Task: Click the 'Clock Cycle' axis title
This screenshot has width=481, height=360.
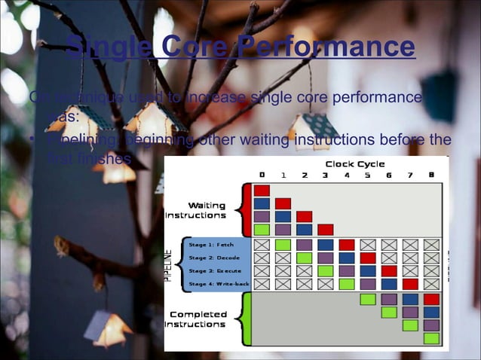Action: pos(354,163)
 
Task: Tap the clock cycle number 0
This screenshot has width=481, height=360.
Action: pos(261,175)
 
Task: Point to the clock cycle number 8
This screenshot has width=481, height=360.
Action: pos(431,175)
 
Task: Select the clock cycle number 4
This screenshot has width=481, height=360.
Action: pos(346,175)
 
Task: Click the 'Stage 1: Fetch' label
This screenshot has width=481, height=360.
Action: pos(211,245)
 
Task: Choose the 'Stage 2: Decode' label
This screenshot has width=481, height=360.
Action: pos(214,258)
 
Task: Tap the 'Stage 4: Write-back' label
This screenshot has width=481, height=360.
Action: pos(219,284)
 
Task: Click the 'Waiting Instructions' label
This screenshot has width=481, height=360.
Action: pos(196,210)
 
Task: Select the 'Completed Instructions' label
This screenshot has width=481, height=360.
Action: pos(198,319)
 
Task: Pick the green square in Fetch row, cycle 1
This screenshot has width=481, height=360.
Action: pos(283,245)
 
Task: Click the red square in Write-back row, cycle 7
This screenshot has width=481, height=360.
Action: pos(410,284)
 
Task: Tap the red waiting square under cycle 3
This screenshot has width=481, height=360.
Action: pos(325,229)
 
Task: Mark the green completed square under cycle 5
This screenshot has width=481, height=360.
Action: pos(367,299)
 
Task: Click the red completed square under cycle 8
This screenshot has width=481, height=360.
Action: pos(431,299)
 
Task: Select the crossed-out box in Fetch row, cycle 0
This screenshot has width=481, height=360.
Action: pos(262,245)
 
